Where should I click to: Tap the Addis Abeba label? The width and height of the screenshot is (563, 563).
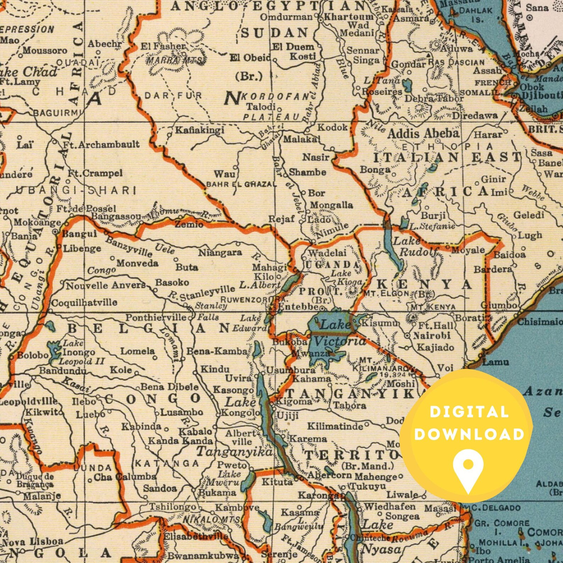pos(423,134)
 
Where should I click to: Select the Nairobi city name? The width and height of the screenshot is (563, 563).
pos(431,335)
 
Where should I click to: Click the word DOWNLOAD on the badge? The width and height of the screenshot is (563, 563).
pos(469,434)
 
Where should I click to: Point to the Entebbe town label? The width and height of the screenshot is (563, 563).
pos(298,307)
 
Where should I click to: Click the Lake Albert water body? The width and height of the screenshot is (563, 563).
pos(291,282)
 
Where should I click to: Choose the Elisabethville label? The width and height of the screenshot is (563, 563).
pos(195,536)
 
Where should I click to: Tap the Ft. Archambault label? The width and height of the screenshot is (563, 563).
pos(101,144)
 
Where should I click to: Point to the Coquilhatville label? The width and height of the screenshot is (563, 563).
pos(84,302)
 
